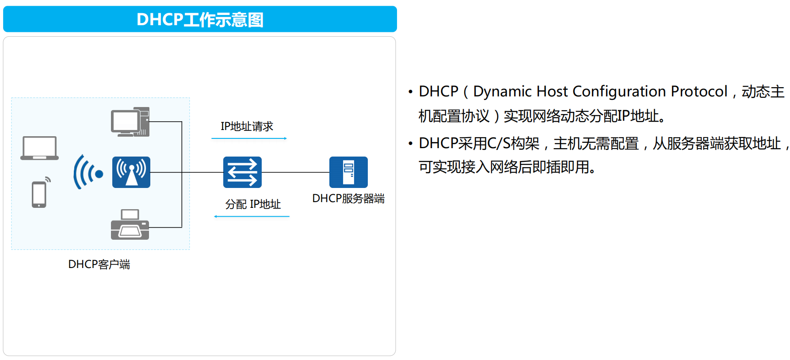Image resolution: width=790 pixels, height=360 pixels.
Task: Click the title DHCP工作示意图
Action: pyautogui.click(x=200, y=19)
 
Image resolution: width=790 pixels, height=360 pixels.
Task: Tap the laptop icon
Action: pyautogui.click(x=39, y=148)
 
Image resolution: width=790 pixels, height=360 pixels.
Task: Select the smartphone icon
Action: pyautogui.click(x=39, y=194)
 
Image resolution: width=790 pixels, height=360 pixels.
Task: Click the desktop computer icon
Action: pyautogui.click(x=130, y=122)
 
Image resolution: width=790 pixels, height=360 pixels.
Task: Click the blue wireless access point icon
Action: pyautogui.click(x=131, y=172)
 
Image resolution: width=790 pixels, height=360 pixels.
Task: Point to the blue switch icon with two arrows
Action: pyautogui.click(x=242, y=172)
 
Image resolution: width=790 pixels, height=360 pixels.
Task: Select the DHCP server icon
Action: pyautogui.click(x=348, y=172)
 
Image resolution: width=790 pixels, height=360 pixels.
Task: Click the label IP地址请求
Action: pyautogui.click(x=247, y=126)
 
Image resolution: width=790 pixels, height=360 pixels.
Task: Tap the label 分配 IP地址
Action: pyautogui.click(x=253, y=204)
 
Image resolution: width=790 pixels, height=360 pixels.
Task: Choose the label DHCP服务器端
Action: pyautogui.click(x=348, y=199)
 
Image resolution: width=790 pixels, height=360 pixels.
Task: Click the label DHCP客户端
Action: pyautogui.click(x=99, y=264)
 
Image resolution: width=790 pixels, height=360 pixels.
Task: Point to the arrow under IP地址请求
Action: pyautogui.click(x=249, y=138)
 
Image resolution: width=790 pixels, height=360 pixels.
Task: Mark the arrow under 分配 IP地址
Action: pyautogui.click(x=252, y=216)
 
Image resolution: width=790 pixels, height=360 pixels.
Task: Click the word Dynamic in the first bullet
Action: pyautogui.click(x=502, y=92)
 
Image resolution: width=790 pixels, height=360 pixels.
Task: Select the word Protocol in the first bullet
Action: pyautogui.click(x=699, y=92)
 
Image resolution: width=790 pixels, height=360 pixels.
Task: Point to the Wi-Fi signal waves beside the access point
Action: pyautogui.click(x=88, y=172)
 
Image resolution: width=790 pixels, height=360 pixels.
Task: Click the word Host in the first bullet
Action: pyautogui.click(x=552, y=92)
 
